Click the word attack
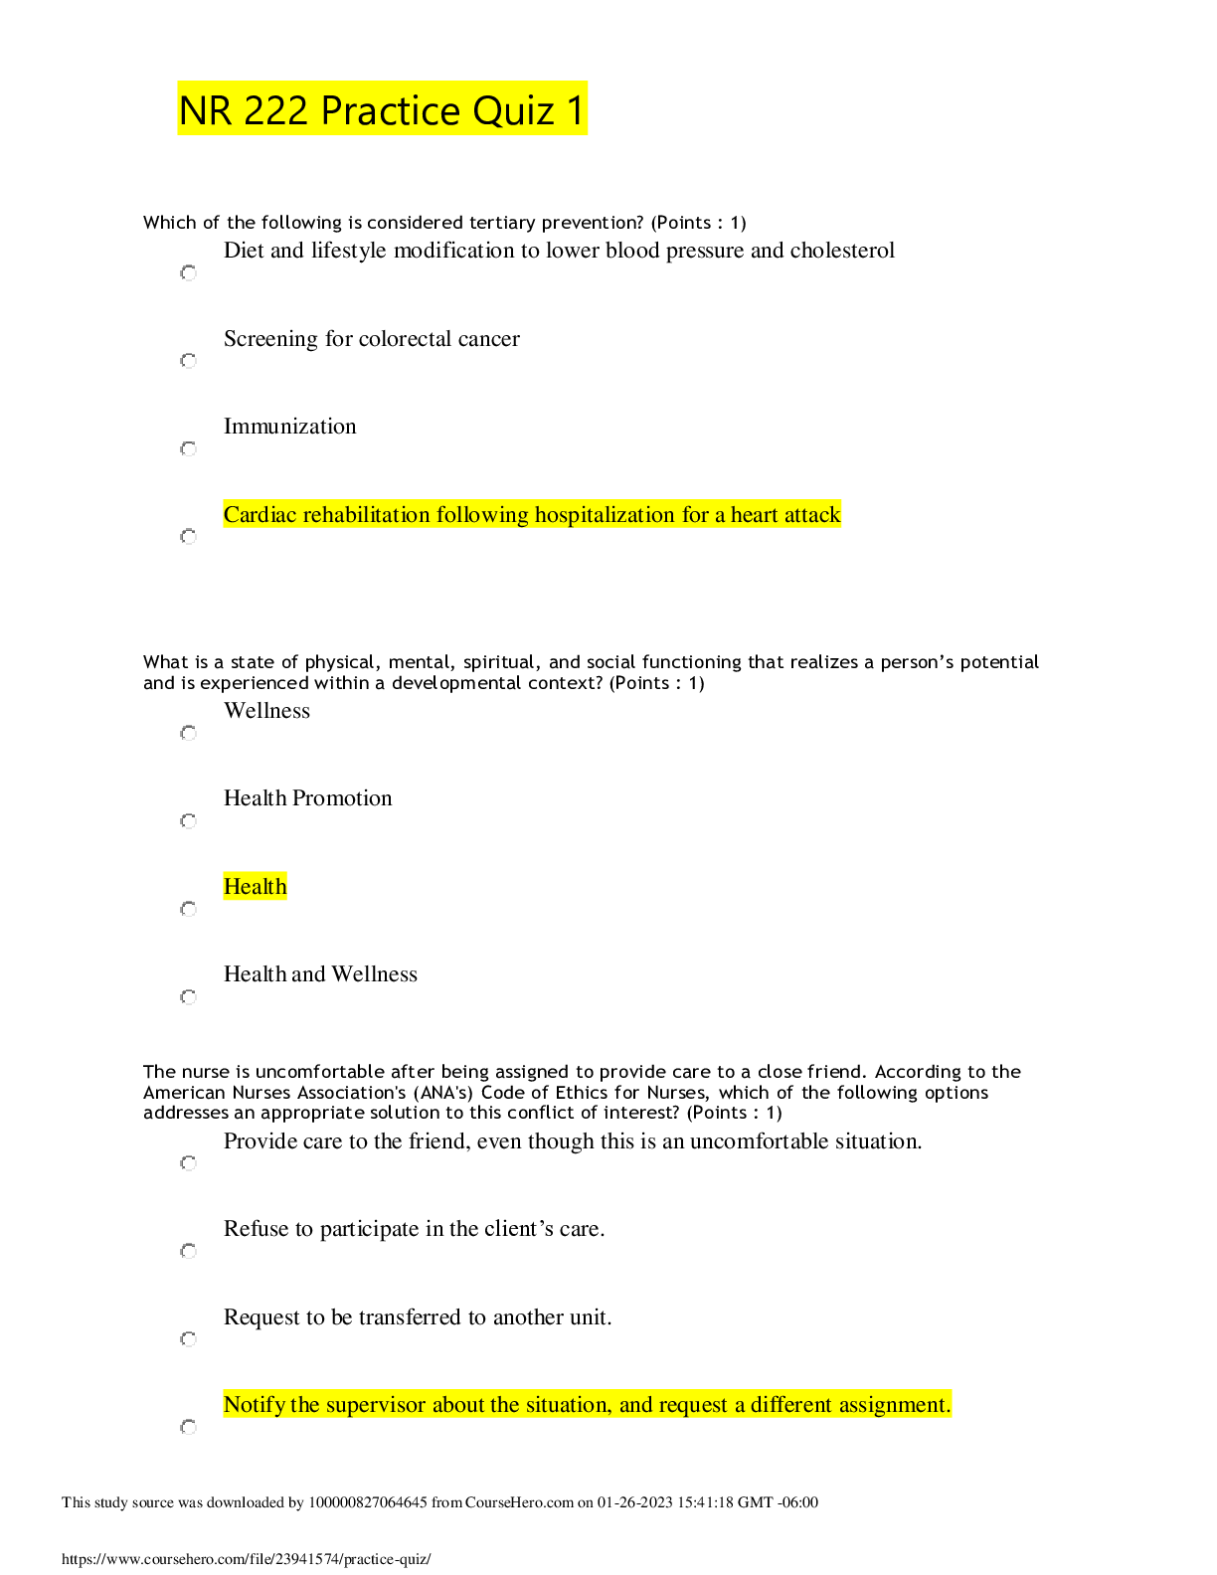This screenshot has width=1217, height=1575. tap(813, 515)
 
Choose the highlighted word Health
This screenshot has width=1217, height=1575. tap(255, 887)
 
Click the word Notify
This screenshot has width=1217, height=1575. tap(255, 1405)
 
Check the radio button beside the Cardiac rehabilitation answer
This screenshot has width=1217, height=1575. tap(189, 538)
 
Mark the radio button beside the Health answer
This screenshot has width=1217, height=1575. tap(189, 911)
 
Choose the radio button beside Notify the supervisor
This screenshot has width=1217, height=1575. tap(189, 1429)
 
